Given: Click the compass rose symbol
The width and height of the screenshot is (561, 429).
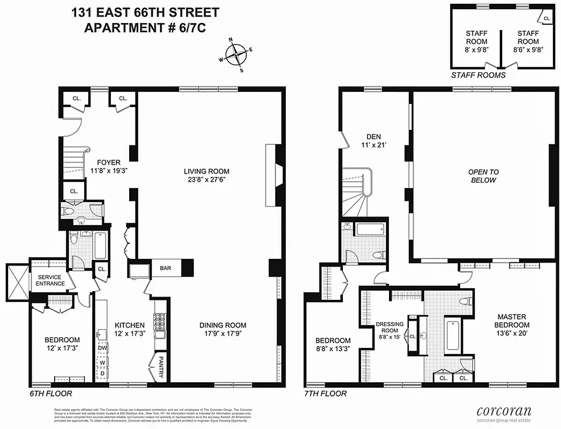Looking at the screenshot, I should [x=236, y=54].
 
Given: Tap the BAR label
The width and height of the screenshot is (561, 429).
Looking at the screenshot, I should [x=165, y=268].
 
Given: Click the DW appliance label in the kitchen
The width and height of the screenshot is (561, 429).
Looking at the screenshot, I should [x=102, y=348].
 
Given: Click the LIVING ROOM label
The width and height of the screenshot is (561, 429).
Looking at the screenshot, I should [x=206, y=172].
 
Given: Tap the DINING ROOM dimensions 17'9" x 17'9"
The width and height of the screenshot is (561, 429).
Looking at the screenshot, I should [x=223, y=334].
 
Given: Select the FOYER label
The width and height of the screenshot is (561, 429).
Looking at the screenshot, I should [x=109, y=162].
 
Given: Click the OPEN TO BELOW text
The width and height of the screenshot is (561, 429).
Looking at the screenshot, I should [x=483, y=176].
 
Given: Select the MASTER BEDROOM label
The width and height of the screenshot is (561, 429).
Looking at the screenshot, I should [x=512, y=321].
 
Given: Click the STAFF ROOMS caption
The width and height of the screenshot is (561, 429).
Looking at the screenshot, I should [x=478, y=75].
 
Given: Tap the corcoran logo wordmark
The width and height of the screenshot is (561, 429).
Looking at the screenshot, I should [x=504, y=411].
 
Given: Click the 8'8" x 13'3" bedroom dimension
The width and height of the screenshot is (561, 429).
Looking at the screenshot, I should [x=333, y=349].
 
